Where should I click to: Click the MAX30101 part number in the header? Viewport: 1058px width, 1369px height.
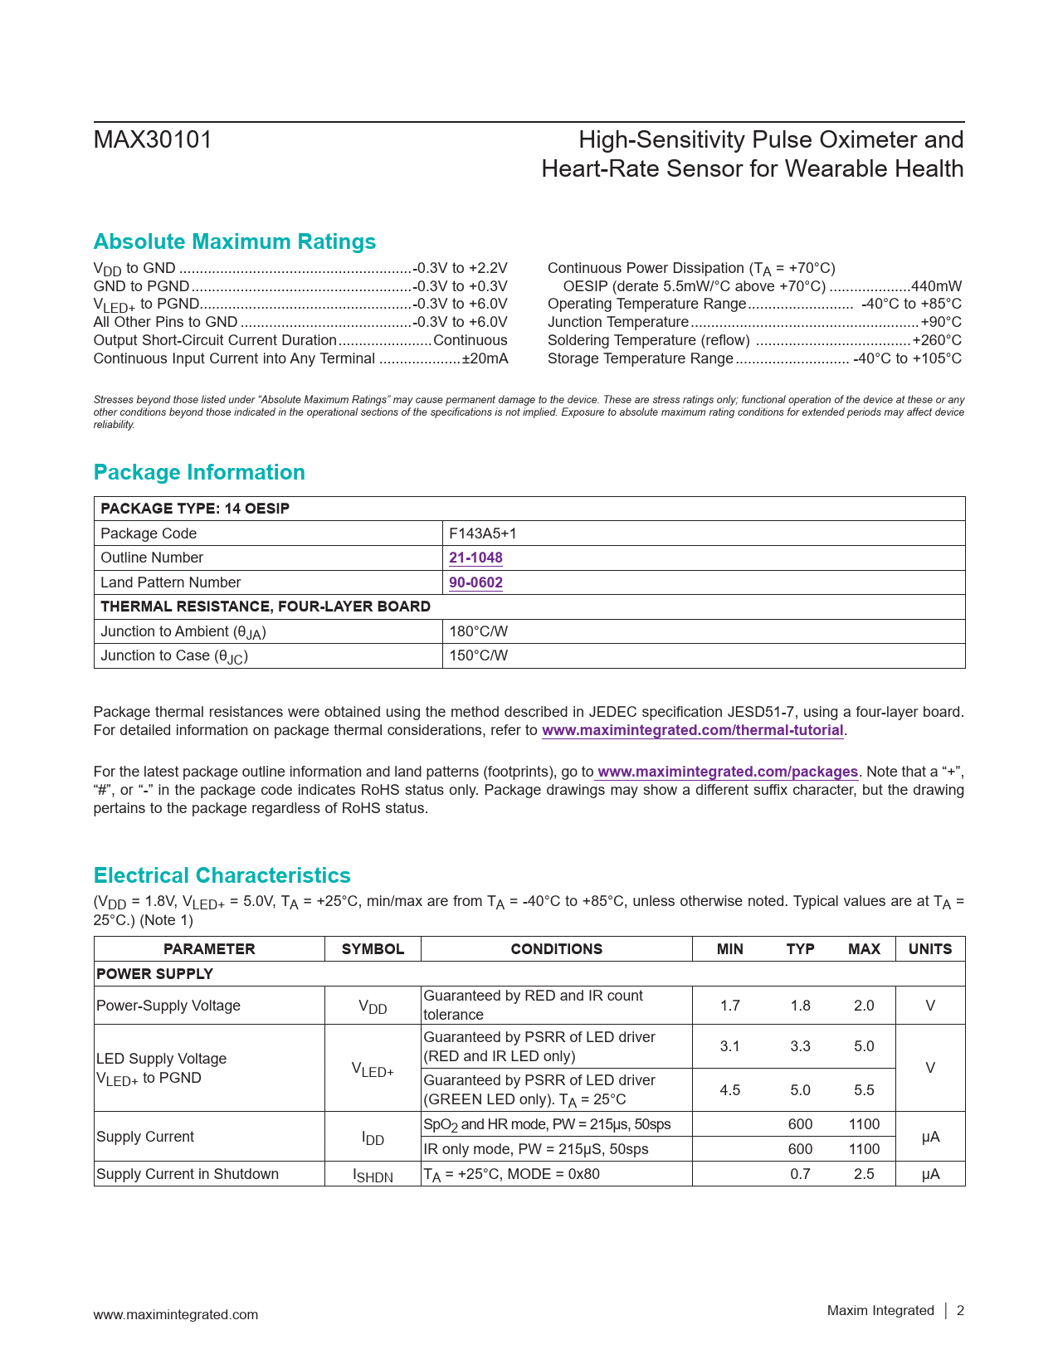tap(153, 140)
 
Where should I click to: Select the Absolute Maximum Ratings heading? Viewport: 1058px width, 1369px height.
tap(235, 241)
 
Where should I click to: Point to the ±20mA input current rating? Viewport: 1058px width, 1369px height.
tap(485, 358)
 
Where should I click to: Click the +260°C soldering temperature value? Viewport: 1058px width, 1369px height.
tap(937, 340)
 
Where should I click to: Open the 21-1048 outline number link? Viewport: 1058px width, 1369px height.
tap(475, 558)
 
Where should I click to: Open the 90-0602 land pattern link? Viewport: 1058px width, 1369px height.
tap(475, 582)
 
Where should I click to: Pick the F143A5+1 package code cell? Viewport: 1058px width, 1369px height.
tap(482, 533)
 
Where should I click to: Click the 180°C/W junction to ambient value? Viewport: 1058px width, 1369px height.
tap(478, 631)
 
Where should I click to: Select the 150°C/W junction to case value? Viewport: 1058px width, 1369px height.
tap(478, 655)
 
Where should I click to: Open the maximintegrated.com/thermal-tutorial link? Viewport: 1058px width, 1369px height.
tap(692, 730)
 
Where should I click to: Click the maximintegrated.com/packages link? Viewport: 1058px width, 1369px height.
tap(728, 772)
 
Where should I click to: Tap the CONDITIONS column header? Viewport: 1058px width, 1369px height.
tap(556, 949)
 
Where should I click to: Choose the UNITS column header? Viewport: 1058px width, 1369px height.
tap(930, 949)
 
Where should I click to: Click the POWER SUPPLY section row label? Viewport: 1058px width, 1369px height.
tap(155, 974)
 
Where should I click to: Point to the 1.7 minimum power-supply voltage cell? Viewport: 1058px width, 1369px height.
tap(729, 1006)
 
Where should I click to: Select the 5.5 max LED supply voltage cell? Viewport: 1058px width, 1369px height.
tap(864, 1090)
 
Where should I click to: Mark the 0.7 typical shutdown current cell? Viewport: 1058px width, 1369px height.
tap(800, 1174)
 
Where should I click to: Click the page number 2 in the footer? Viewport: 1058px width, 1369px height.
tap(960, 1311)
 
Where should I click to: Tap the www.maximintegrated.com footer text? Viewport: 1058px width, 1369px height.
tap(176, 1314)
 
